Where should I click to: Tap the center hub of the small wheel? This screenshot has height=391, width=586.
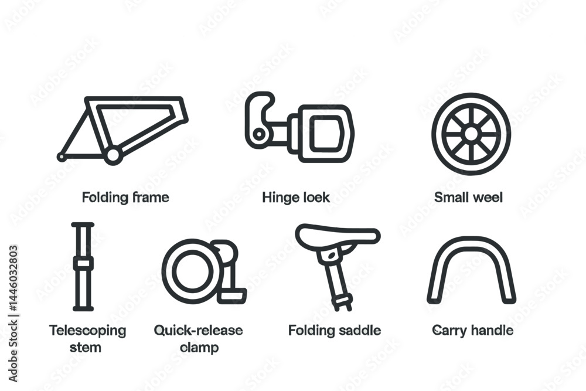tap(471, 134)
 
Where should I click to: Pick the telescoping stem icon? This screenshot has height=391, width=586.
tap(83, 267)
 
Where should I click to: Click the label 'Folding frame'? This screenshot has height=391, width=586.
tap(125, 197)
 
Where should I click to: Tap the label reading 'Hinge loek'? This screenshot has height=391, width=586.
tap(296, 197)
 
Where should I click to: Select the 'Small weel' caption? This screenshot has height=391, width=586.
tap(468, 197)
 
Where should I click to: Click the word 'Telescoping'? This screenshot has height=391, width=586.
tap(87, 331)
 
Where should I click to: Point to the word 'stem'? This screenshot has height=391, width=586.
tap(85, 347)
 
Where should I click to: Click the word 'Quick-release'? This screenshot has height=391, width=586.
tap(198, 330)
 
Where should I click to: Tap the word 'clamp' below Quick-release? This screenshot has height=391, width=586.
tap(199, 347)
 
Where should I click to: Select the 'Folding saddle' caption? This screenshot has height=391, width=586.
tap(335, 330)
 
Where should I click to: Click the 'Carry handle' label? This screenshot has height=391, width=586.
tap(472, 330)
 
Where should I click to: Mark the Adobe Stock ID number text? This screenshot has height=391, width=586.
tap(13, 278)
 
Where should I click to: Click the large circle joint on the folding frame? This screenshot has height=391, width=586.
tap(113, 155)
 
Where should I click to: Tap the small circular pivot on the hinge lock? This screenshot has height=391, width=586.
tap(258, 134)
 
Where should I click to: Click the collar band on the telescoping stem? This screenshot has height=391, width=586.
tap(83, 264)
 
